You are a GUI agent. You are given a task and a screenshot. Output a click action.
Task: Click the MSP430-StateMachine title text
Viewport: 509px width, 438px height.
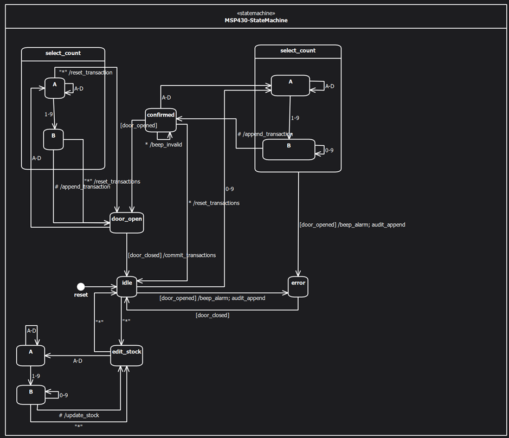[x=256, y=20]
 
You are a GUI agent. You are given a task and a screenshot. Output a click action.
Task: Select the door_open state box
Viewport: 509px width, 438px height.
[x=127, y=222]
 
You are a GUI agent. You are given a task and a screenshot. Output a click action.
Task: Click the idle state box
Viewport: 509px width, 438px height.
[x=127, y=286]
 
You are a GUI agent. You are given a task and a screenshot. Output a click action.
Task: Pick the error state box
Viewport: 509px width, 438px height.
[x=298, y=287]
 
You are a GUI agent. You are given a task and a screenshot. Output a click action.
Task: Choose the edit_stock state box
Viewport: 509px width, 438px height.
[x=127, y=355]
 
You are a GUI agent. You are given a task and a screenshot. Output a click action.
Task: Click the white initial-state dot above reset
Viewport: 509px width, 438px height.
[x=81, y=286]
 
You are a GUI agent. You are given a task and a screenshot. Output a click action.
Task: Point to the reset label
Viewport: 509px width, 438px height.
[x=81, y=295]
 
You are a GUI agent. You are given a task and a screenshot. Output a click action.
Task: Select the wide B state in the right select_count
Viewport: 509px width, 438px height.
[x=289, y=150]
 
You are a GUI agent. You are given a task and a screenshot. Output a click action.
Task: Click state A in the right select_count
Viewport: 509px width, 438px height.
[x=291, y=85]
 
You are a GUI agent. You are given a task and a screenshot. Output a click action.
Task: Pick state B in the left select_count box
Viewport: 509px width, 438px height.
[x=54, y=139]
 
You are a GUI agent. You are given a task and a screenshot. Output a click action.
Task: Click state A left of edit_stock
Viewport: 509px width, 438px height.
[x=30, y=355]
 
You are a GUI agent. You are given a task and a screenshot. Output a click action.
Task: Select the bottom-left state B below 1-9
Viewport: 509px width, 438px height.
[x=30, y=395]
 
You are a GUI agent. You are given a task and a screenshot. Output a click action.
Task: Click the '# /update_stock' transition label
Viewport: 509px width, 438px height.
[x=79, y=415]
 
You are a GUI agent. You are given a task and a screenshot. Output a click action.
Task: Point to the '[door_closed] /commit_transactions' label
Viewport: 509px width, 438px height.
[x=171, y=255]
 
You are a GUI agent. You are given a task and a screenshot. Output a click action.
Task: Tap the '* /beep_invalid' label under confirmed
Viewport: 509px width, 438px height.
[x=163, y=145]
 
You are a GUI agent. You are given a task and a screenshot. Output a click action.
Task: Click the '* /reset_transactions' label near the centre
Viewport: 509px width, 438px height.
[x=214, y=203]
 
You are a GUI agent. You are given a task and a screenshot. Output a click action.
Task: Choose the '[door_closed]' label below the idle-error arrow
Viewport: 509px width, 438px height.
[x=212, y=315]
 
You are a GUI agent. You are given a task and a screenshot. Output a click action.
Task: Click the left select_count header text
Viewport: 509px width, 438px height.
[x=63, y=53]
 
